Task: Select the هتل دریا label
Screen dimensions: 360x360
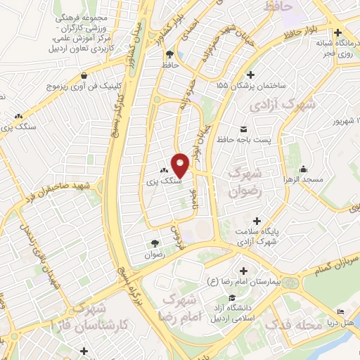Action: tap(346, 326)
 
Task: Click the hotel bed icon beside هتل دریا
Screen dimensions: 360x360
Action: tap(341, 311)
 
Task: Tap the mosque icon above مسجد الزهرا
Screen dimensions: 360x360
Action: tap(303, 169)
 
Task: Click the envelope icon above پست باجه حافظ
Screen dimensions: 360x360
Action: tap(244, 128)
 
